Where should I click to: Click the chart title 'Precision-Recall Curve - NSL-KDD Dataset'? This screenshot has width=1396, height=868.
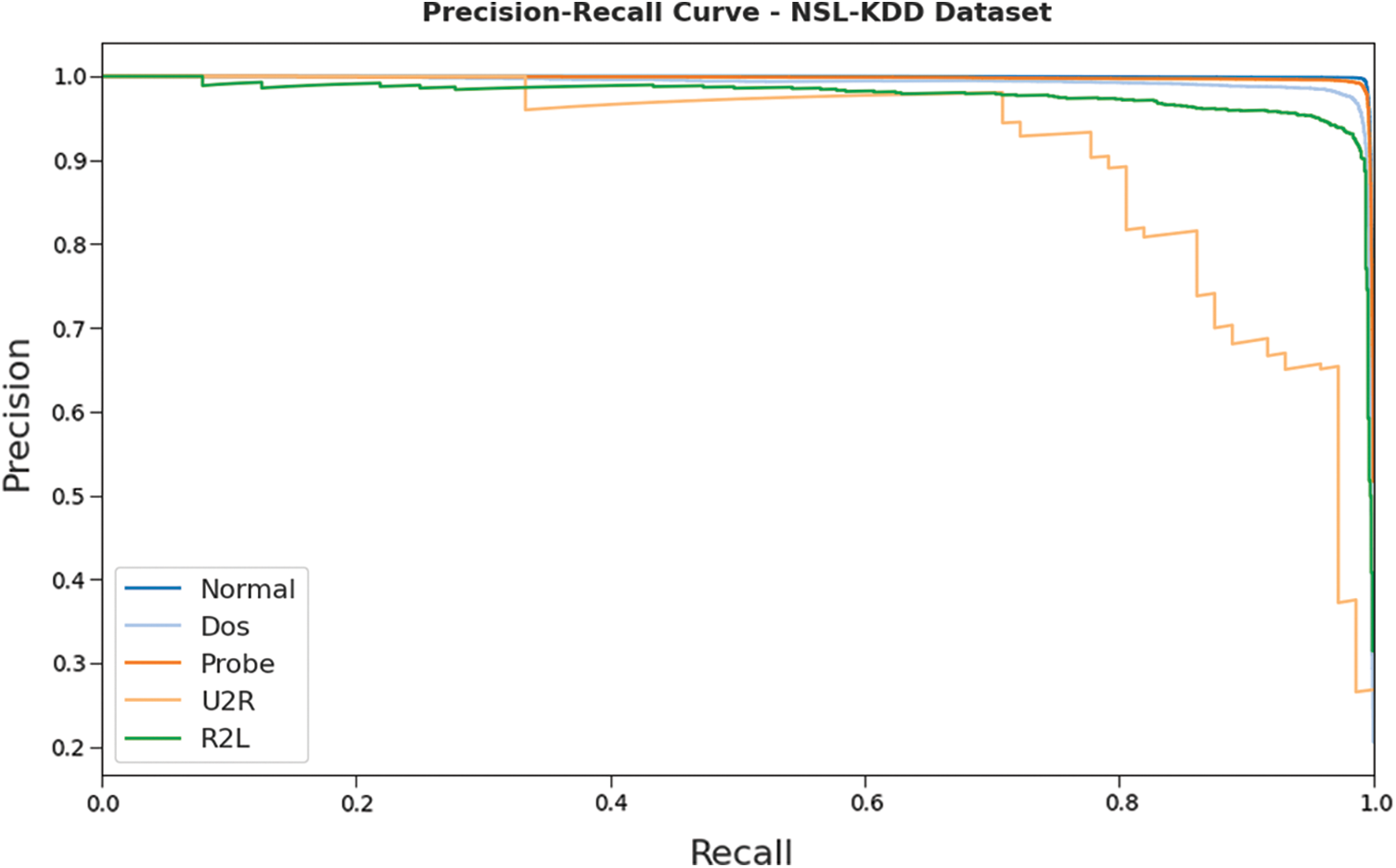[x=736, y=13]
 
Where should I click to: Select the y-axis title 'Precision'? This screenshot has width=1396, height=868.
[x=18, y=415]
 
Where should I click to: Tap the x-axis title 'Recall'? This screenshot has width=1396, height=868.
[x=741, y=851]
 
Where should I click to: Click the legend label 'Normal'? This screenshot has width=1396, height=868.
[x=248, y=589]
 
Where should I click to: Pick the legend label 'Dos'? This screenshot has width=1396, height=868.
[x=225, y=627]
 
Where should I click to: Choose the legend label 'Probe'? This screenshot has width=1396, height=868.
[x=237, y=664]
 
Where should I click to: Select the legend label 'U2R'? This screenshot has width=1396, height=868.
[x=228, y=701]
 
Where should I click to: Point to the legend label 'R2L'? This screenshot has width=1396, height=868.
[x=225, y=739]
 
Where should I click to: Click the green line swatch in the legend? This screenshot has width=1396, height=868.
[x=153, y=739]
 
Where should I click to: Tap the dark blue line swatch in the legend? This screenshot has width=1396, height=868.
[x=153, y=589]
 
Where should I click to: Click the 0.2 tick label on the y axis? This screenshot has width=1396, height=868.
[x=70, y=747]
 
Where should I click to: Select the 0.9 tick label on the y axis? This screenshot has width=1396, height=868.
[x=70, y=161]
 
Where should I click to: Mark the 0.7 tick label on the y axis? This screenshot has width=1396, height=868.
[x=70, y=329]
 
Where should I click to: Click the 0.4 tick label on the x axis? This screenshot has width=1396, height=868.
[x=611, y=802]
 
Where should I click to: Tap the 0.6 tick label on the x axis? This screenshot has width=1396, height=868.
[x=866, y=802]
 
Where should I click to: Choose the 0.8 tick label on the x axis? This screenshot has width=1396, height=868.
[x=1121, y=802]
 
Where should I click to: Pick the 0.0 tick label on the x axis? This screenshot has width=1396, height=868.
[x=103, y=802]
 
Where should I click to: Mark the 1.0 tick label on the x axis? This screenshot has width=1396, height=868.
[x=1375, y=802]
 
